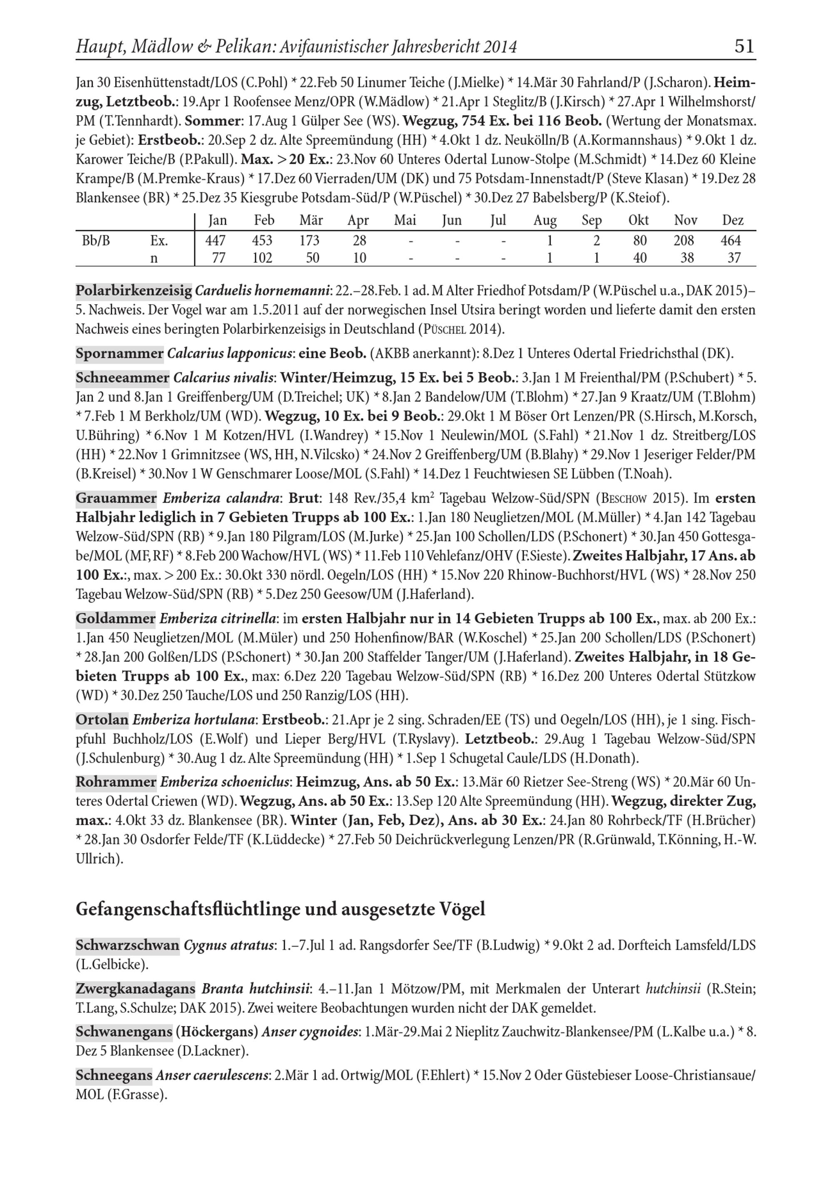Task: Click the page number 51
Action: point(744,47)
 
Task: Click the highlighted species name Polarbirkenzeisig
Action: point(134,291)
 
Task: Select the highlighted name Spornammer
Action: point(119,354)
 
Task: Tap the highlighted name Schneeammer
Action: point(122,378)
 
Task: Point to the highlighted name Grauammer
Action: point(116,498)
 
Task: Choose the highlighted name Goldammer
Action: point(116,618)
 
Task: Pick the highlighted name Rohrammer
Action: point(116,782)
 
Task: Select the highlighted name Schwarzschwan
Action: point(127,945)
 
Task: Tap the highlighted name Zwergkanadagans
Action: point(136,989)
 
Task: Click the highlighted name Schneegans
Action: point(114,1076)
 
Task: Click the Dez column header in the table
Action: point(733,221)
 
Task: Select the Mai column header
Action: point(405,221)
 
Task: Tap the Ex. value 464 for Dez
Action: point(731,240)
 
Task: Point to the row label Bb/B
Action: point(96,240)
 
